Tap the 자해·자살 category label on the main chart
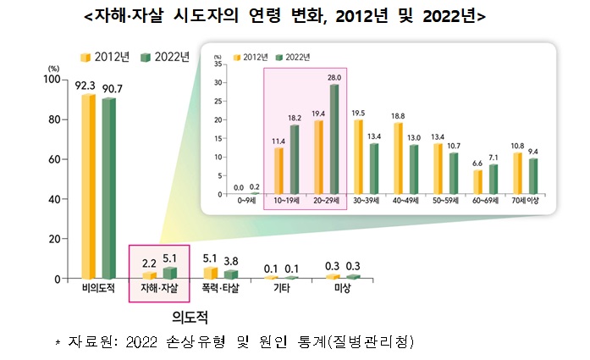(x=154, y=290)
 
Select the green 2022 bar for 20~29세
(x=334, y=140)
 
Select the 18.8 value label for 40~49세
(x=398, y=115)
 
